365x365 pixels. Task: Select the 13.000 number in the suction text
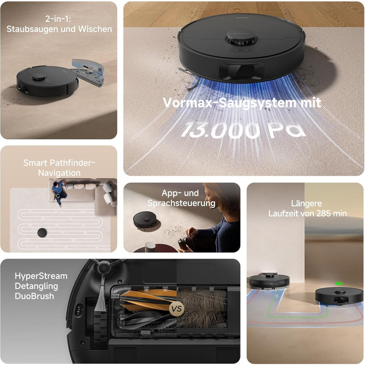pyautogui.click(x=220, y=129)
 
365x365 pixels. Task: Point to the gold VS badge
pyautogui.click(x=176, y=309)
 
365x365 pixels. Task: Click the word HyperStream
pyautogui.click(x=41, y=276)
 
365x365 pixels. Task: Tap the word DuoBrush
pyautogui.click(x=34, y=296)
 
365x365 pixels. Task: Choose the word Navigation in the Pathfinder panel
pyautogui.click(x=59, y=173)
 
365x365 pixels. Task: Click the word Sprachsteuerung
pyautogui.click(x=181, y=203)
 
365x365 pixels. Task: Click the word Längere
pyautogui.click(x=307, y=203)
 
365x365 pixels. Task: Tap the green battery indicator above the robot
pyautogui.click(x=339, y=284)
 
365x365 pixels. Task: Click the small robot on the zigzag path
pyautogui.click(x=42, y=233)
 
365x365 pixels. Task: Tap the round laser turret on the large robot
pyautogui.click(x=242, y=38)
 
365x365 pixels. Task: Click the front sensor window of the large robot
pyautogui.click(x=241, y=71)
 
